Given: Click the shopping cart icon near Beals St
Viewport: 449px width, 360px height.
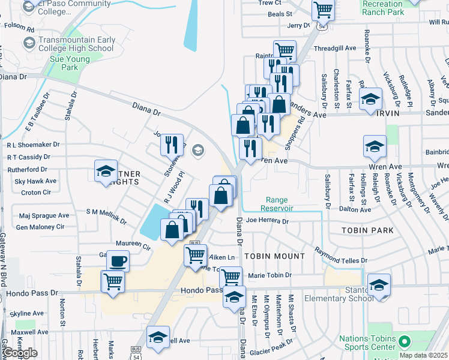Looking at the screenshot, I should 323,10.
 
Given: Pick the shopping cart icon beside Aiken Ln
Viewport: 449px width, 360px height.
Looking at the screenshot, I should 196,255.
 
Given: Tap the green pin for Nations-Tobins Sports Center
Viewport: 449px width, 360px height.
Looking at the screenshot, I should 404,343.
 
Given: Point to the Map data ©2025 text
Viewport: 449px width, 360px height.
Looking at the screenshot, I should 423,355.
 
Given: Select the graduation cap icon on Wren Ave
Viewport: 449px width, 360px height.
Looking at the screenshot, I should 375,146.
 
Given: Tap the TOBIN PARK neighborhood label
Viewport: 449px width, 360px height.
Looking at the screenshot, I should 367,230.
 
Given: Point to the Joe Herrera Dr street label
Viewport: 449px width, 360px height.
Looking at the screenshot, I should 267,221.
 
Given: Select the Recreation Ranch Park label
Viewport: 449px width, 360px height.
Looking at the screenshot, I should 383,8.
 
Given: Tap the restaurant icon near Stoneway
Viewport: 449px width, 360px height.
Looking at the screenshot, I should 172,145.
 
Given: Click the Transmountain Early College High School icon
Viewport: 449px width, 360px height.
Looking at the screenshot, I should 29,43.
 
